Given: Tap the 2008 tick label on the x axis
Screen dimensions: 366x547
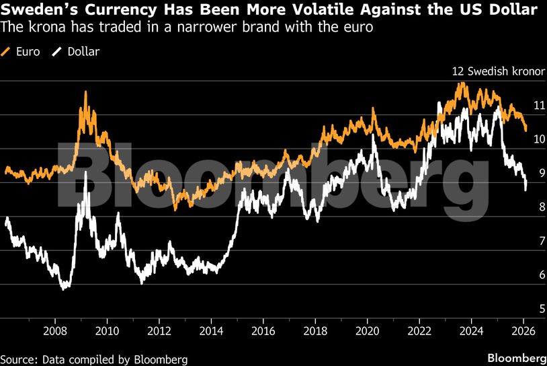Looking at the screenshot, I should point(55,330).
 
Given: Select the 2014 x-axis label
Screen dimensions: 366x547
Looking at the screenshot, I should point(211,330).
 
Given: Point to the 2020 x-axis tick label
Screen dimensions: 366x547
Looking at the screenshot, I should point(368,330).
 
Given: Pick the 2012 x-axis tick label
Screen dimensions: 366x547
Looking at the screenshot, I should point(159,330).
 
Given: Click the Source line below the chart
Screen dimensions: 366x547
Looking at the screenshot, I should point(94,358).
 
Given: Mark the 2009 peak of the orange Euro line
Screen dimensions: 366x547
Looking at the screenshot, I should point(85,92).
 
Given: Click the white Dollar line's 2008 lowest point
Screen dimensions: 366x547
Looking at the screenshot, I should point(64,289).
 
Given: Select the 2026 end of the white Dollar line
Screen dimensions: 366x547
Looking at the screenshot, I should point(525,189).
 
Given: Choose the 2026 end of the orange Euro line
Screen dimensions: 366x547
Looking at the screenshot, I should point(526,129).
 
